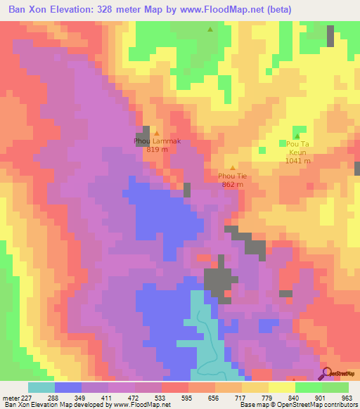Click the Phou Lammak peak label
coord(157,141)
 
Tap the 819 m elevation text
coord(157,150)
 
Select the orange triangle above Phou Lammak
coord(157,133)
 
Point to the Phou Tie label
coord(232,176)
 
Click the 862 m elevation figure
coord(232,184)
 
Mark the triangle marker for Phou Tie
coord(233,167)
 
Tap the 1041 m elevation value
coord(299,160)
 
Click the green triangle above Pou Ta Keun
coord(297,136)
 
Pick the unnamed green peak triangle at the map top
coord(210,29)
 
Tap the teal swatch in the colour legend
coord(41,387)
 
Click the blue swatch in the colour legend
coord(67,387)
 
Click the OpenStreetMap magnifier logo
coord(326,374)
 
